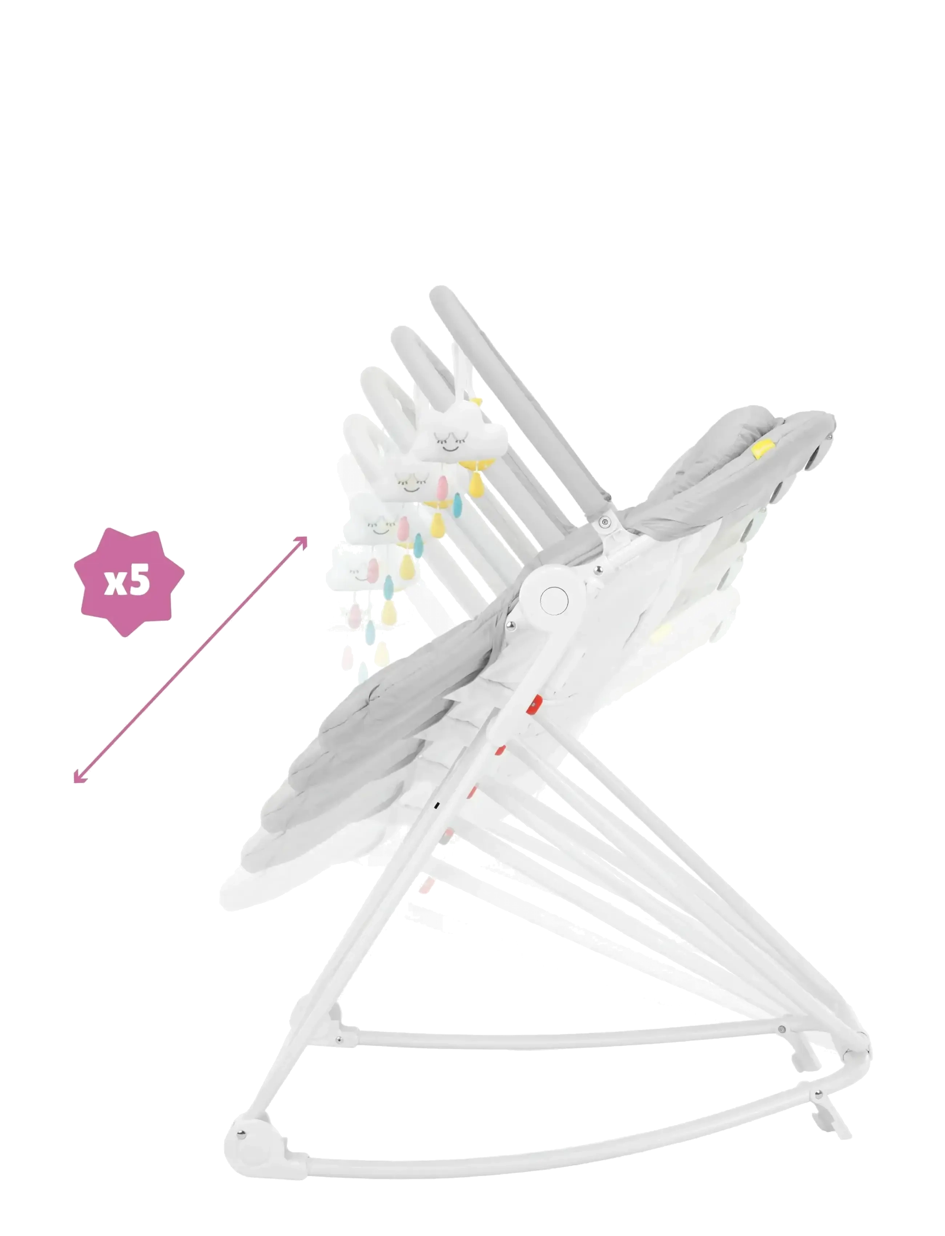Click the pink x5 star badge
(x=129, y=581)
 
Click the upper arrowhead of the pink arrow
(x=302, y=542)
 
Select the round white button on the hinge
(x=554, y=600)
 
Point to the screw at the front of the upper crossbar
(x=339, y=1040)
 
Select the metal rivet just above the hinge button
(x=598, y=570)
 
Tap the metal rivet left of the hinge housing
(x=511, y=625)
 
